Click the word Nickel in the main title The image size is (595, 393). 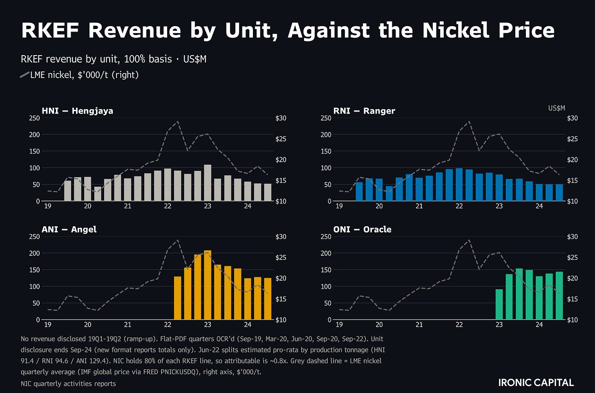click(x=456, y=30)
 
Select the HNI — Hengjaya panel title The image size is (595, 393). click(x=77, y=111)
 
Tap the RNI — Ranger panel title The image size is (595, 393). click(x=364, y=111)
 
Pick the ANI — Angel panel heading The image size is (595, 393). click(x=69, y=229)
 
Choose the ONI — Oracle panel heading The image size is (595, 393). click(x=362, y=229)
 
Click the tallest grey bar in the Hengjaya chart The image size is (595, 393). click(x=208, y=183)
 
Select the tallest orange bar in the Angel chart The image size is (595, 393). click(x=208, y=285)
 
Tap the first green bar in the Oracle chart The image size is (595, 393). click(x=499, y=304)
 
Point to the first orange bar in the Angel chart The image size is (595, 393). click(x=177, y=298)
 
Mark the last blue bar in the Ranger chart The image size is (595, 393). click(x=559, y=192)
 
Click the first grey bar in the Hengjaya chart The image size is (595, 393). click(x=68, y=191)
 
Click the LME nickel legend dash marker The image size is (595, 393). click(x=25, y=75)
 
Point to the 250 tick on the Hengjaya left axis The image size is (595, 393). click(x=34, y=118)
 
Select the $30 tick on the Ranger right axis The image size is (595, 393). click(x=573, y=118)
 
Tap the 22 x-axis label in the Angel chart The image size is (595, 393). click(x=168, y=324)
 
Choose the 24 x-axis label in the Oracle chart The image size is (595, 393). click(x=539, y=324)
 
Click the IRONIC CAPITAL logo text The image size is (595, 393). click(x=536, y=383)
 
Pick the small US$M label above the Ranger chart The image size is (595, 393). click(x=557, y=108)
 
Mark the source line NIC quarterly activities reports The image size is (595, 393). click(x=68, y=384)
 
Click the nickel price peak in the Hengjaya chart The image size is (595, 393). click(x=177, y=121)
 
